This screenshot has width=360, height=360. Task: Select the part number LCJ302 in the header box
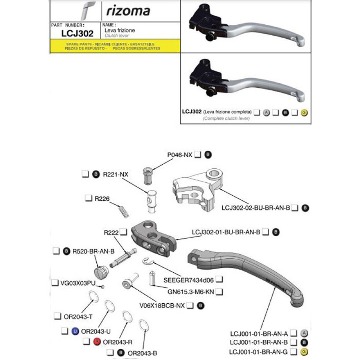pos(77,33)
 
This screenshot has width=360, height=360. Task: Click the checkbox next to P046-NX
pos(198,154)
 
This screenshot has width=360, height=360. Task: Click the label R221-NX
pos(116,174)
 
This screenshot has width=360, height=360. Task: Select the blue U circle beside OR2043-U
pos(75,331)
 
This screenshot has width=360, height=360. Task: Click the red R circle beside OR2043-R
pos(97,342)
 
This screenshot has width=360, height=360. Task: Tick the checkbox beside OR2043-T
pos(58,316)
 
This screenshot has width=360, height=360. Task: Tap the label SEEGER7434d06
pos(189,279)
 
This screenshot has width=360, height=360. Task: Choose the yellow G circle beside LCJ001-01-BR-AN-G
pos(304,352)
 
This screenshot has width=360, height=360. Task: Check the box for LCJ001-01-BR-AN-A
pos(294,333)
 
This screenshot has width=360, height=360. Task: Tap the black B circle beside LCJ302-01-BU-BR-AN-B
pos(276,232)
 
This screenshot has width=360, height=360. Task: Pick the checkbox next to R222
pos(124,232)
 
